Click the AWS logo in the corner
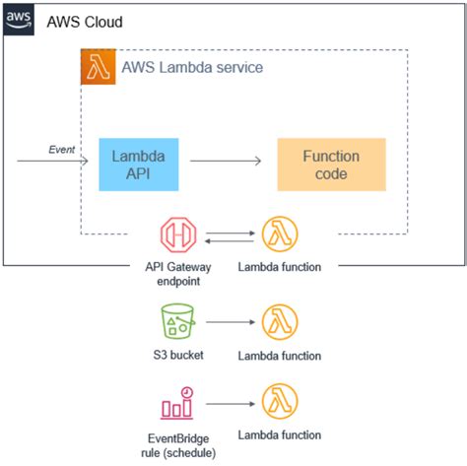(18, 19)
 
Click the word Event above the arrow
(62, 149)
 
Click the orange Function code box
(331, 165)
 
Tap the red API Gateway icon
(178, 236)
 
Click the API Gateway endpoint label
(178, 275)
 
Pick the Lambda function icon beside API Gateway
(279, 236)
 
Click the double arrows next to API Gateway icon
(229, 236)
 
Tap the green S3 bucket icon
(178, 322)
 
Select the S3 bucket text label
(178, 355)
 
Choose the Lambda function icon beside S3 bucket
(279, 322)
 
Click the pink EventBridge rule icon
(178, 403)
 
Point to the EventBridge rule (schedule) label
(178, 441)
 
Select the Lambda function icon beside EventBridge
(279, 403)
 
